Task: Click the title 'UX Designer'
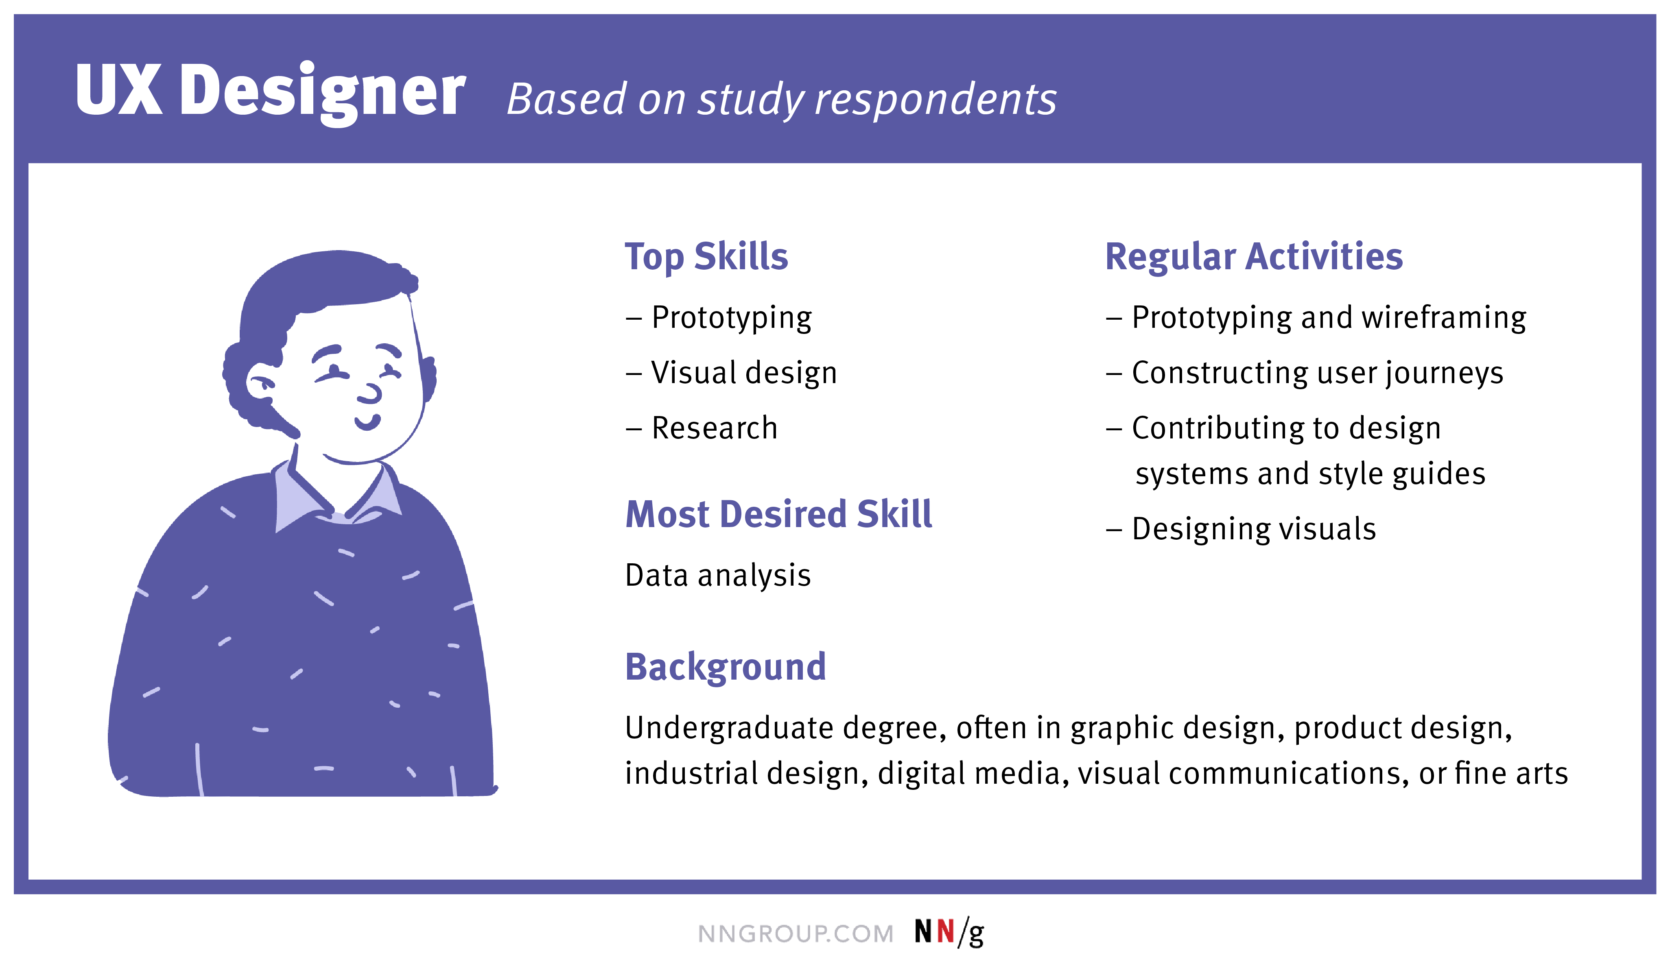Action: click(x=270, y=90)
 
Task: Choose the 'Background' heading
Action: click(x=726, y=667)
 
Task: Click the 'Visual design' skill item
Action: click(x=743, y=373)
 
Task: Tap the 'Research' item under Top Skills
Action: click(x=714, y=428)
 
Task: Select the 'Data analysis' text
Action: click(x=718, y=575)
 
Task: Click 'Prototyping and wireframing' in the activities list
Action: click(x=1329, y=318)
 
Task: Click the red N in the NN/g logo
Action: click(x=946, y=932)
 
